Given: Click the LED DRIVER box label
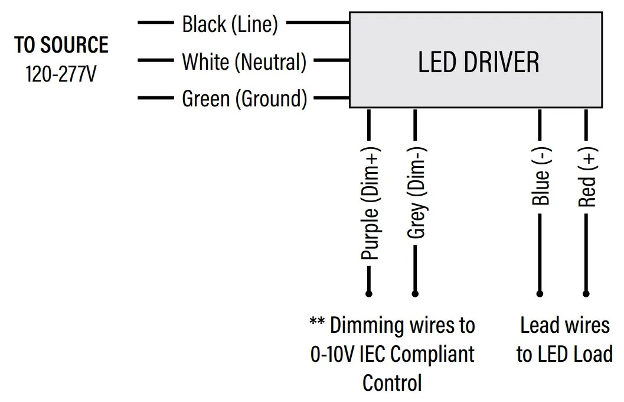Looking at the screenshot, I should click(478, 62).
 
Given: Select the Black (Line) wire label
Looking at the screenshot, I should click(230, 24).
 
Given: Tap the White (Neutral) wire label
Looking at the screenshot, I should click(244, 61).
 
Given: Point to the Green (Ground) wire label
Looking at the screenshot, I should click(244, 99).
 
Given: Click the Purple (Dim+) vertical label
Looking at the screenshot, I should click(370, 202).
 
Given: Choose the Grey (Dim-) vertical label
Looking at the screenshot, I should click(416, 192).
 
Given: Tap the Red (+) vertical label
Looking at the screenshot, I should click(587, 177).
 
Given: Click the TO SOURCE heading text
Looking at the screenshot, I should click(61, 45).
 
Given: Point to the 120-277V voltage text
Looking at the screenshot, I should click(61, 75).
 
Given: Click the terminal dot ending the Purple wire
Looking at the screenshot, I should click(369, 293).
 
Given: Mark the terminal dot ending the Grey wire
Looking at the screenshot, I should click(415, 293).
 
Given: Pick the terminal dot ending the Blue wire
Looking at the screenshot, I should click(540, 293).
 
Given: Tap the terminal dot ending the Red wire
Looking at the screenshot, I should click(586, 293).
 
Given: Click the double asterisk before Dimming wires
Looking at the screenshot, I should click(317, 323).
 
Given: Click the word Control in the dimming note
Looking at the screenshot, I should click(392, 382).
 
